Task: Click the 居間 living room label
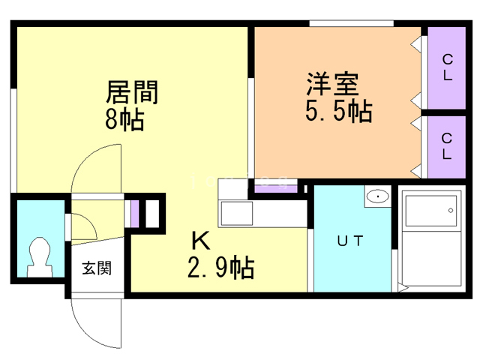pyautogui.click(x=132, y=91)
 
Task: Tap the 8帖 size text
pyautogui.click(x=124, y=119)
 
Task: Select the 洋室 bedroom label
pyautogui.click(x=333, y=84)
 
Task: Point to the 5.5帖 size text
pyautogui.click(x=339, y=111)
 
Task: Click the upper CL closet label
pyautogui.click(x=448, y=67)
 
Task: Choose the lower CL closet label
pyautogui.click(x=447, y=146)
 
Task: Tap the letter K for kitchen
pyautogui.click(x=201, y=241)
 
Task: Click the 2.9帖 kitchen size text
pyautogui.click(x=220, y=267)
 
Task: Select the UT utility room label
pyautogui.click(x=350, y=241)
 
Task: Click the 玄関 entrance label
pyautogui.click(x=97, y=268)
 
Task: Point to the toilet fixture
pyautogui.click(x=40, y=256)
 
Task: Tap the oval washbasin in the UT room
pyautogui.click(x=378, y=196)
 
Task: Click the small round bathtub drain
pyautogui.click(x=451, y=210)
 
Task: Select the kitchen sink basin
pyautogui.click(x=237, y=213)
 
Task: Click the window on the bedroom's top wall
pyautogui.click(x=351, y=23)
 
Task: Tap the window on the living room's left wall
pyautogui.click(x=13, y=140)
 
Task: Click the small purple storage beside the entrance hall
pyautogui.click(x=135, y=214)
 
